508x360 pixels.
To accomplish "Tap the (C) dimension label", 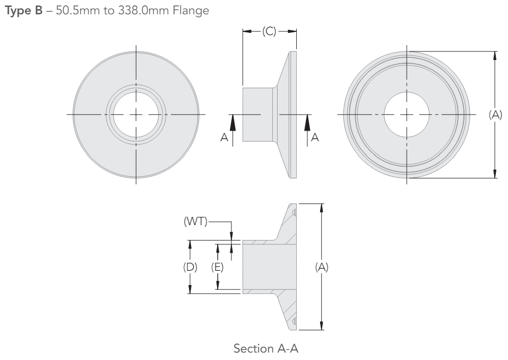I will pyautogui.click(x=269, y=32).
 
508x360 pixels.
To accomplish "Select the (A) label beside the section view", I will pyautogui.click(x=321, y=267).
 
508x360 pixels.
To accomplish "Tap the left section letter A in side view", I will pyautogui.click(x=224, y=136).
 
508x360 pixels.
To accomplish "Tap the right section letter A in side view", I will pyautogui.click(x=315, y=136).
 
